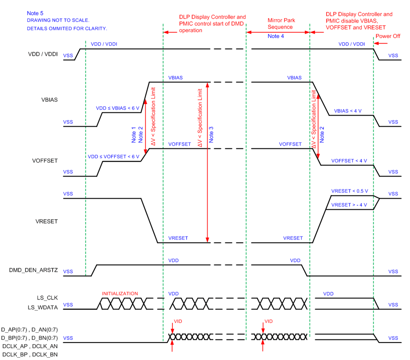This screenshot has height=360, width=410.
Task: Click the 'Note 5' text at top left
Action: [x=35, y=13]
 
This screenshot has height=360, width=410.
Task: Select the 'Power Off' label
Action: [x=388, y=36]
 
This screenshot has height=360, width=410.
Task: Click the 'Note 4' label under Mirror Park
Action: [x=278, y=36]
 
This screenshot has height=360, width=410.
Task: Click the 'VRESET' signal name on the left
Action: [x=47, y=221]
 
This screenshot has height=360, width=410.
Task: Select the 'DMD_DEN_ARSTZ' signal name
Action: [x=34, y=270]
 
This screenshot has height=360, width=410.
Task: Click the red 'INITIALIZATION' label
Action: [x=120, y=294]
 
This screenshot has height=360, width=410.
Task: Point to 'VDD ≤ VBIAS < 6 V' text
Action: [x=118, y=108]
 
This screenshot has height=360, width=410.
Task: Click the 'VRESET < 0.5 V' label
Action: [x=350, y=191]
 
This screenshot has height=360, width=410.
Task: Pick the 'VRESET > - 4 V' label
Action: [x=349, y=205]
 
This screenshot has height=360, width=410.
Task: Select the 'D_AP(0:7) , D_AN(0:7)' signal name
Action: [x=30, y=329]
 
